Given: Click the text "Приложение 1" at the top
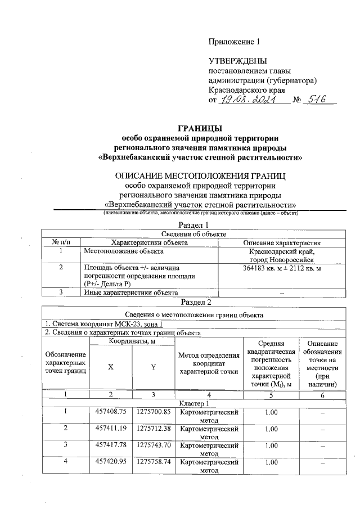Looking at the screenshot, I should click(x=235, y=42).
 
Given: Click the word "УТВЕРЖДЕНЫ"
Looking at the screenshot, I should click(x=237, y=61).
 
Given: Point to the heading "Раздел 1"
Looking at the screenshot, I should click(x=200, y=225).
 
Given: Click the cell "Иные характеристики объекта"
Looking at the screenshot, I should click(x=131, y=292).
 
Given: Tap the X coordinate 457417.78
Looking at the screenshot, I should click(x=110, y=445).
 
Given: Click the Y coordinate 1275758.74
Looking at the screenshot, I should click(x=154, y=462).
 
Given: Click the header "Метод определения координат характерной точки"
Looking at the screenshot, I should click(x=209, y=363).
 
